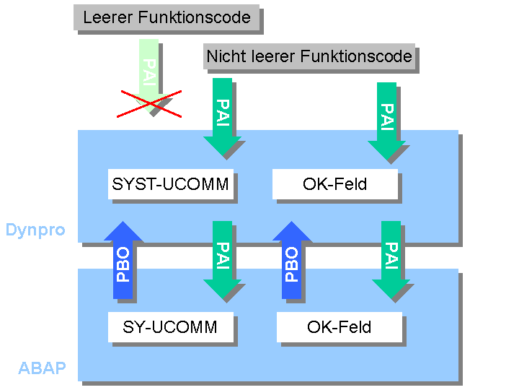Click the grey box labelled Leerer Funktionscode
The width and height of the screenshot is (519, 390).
[x=167, y=17]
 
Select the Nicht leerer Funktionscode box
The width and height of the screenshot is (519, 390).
[x=309, y=56]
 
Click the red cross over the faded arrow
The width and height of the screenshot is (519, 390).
[x=150, y=103]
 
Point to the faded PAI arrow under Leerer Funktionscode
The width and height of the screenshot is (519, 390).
[x=148, y=69]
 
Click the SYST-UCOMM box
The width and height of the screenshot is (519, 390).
[x=171, y=184]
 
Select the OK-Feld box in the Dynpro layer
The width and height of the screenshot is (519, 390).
[x=335, y=184]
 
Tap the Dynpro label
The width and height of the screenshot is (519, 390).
[x=35, y=230]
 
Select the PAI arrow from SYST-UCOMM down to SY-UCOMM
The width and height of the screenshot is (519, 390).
[x=222, y=259]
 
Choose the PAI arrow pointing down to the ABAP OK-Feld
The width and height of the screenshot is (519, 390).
[x=391, y=259]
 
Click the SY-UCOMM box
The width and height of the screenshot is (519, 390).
[x=171, y=327]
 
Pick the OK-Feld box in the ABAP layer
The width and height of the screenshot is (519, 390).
[x=340, y=327]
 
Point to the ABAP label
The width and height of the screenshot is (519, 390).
[x=42, y=369]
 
